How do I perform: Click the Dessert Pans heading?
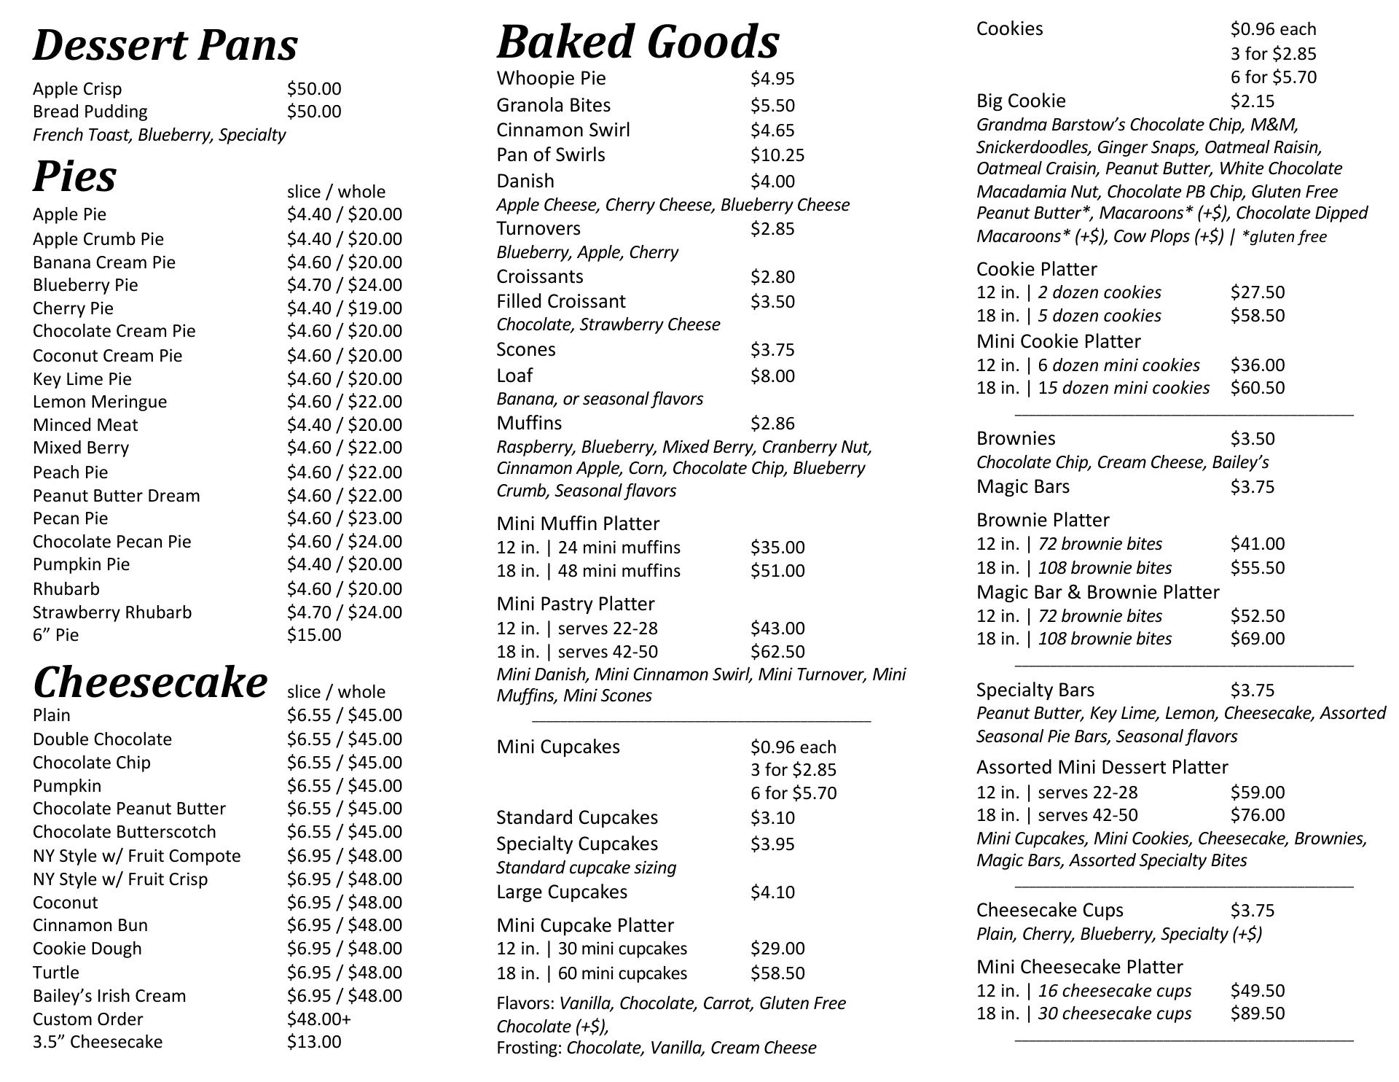(x=165, y=45)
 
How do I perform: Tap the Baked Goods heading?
(x=638, y=42)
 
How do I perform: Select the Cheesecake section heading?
(x=150, y=682)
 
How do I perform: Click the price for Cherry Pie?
(x=344, y=308)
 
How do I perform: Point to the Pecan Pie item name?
(x=71, y=518)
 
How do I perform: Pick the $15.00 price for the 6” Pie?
(x=313, y=635)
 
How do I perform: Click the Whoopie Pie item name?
(x=551, y=78)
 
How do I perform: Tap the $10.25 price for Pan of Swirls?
(x=777, y=155)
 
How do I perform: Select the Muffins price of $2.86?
(x=772, y=424)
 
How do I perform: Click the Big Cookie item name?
(x=1021, y=101)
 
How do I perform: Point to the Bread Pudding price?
(x=313, y=112)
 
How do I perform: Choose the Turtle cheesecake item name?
(x=56, y=973)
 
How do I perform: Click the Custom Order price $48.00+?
(x=318, y=1019)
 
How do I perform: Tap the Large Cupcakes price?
(x=772, y=892)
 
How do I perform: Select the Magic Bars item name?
(x=1023, y=487)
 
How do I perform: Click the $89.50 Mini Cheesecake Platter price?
(x=1258, y=1013)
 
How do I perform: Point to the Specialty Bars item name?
(x=1035, y=690)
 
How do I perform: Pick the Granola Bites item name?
(x=554, y=105)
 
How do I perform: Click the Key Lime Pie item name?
(x=82, y=379)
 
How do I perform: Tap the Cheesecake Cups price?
(x=1253, y=911)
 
